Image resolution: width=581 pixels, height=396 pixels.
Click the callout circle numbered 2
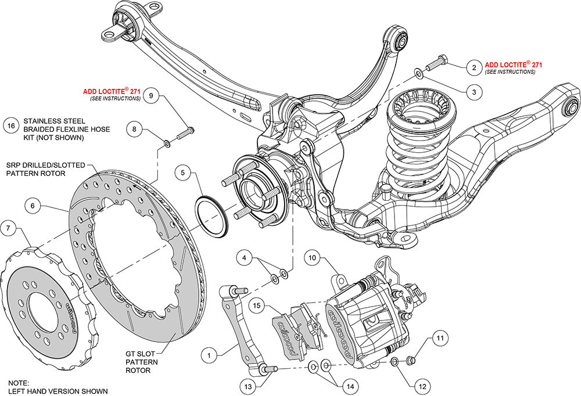pos(474,68)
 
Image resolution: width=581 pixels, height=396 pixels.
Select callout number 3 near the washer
pos(474,92)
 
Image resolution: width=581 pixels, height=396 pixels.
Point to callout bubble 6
pos(33,205)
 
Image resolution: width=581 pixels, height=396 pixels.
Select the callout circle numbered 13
pos(249,384)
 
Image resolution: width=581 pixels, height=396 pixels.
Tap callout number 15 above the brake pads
pos(257,304)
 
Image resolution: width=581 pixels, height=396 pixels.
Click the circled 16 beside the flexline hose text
pos(10,125)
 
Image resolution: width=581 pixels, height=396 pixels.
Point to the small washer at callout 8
pos(167,141)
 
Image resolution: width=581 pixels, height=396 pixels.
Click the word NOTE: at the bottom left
pos(19,384)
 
